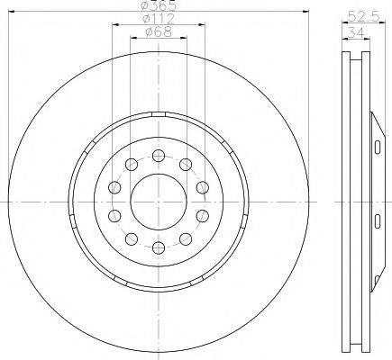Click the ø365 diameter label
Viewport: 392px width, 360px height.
click(159, 4)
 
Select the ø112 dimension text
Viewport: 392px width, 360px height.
click(159, 19)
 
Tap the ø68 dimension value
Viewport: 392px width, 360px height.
click(159, 31)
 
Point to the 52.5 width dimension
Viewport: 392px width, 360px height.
click(363, 16)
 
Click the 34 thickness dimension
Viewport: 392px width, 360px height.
click(356, 32)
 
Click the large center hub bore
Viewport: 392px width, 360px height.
click(159, 202)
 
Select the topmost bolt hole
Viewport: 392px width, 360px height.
click(159, 156)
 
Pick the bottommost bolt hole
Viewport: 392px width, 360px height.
click(159, 247)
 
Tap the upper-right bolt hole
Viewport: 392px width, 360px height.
click(186, 165)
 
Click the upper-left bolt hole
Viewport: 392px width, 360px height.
click(132, 165)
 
